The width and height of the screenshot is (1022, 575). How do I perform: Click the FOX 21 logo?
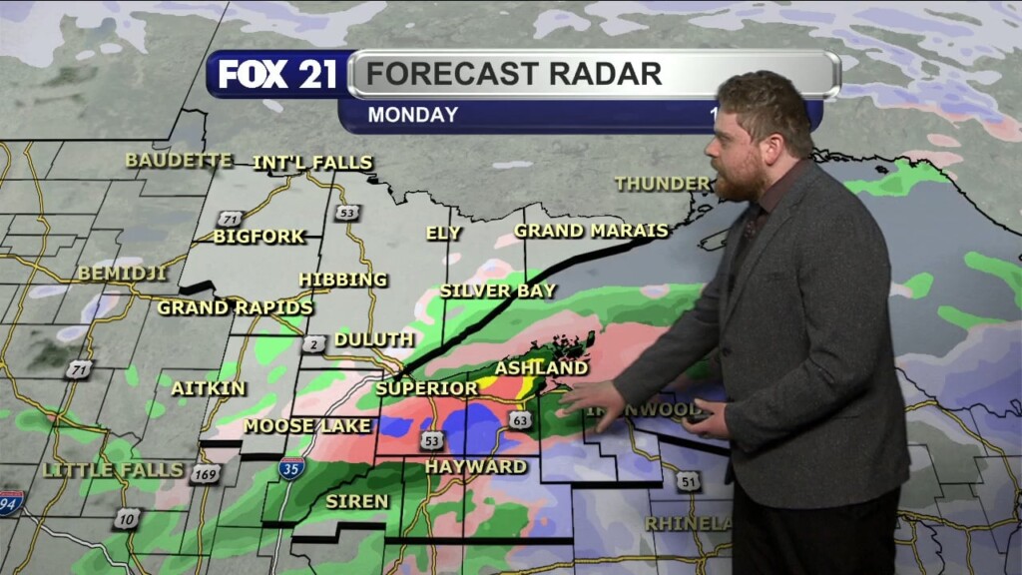277,75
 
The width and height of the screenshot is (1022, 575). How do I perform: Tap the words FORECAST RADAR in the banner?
513,73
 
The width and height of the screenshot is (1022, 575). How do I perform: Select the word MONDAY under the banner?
412,115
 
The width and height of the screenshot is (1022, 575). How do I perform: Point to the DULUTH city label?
373,340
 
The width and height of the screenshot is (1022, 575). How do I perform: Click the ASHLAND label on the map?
541,368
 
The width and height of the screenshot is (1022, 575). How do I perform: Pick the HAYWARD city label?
476,466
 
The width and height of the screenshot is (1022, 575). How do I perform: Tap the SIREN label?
357,501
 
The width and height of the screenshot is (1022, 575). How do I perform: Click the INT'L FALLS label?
312,163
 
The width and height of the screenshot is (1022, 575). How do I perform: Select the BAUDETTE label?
179,161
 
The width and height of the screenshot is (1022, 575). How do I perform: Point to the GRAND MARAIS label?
591,231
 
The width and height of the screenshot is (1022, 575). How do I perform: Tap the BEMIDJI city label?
122,273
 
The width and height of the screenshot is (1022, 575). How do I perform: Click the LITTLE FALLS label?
113,469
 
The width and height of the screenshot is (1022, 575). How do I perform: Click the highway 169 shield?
207,474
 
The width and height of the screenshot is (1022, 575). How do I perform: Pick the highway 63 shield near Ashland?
519,419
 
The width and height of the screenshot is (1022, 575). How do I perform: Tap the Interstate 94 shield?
11,502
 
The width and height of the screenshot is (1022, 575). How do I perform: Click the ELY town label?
443,233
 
